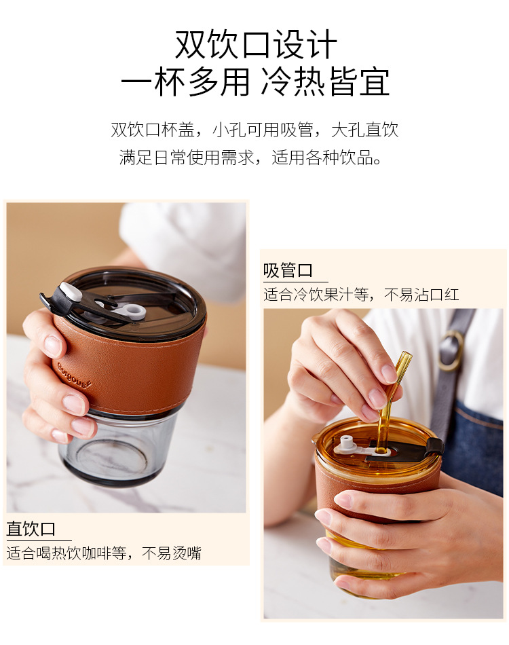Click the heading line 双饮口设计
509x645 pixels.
[x=256, y=45]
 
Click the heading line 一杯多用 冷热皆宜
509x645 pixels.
[x=256, y=83]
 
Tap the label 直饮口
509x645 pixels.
[x=31, y=529]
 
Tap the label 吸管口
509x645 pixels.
[x=288, y=271]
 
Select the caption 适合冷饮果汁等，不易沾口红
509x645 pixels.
[x=361, y=295]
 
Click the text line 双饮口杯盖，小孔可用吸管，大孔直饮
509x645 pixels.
[x=254, y=130]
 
